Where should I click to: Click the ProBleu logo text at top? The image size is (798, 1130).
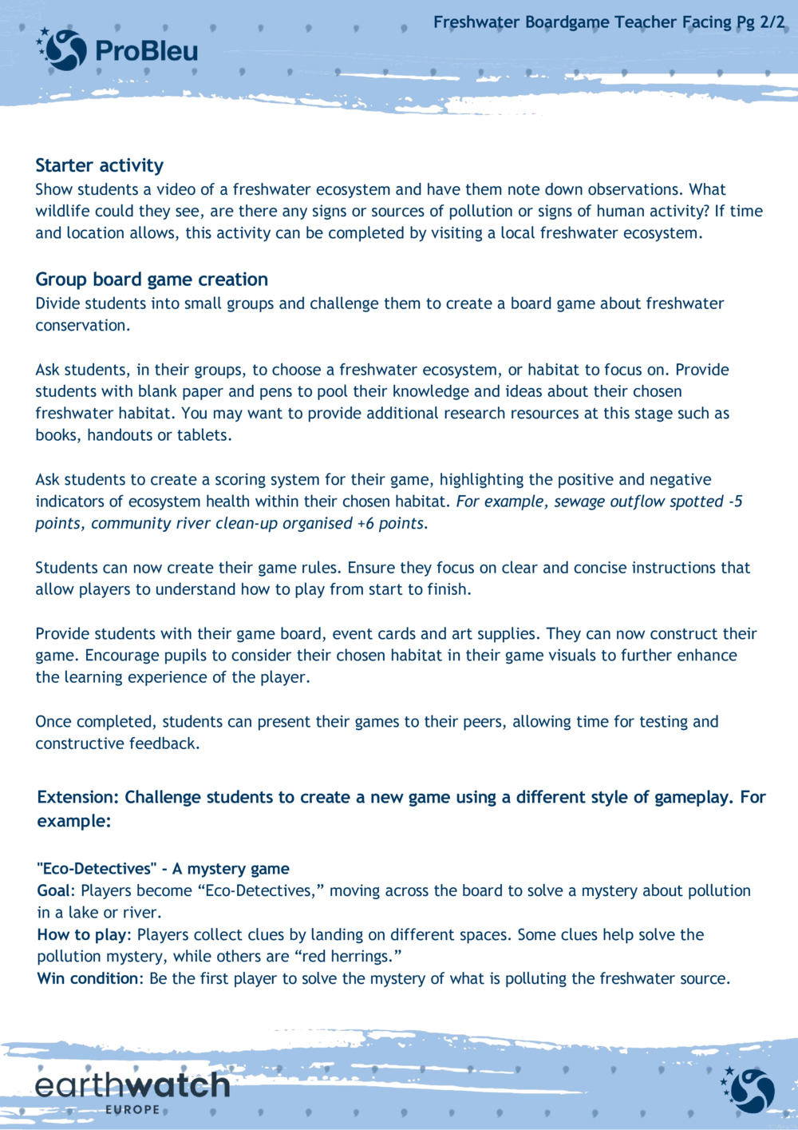pos(146,52)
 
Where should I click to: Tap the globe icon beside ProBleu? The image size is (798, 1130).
pos(63,49)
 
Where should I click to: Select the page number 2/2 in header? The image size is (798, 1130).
pos(772,22)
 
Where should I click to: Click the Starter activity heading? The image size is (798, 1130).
pos(99,165)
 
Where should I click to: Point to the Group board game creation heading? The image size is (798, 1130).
pos(152,280)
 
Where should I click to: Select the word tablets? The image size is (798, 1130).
pos(203,435)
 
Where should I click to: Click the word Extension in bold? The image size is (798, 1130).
pos(77,797)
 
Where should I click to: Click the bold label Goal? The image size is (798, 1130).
pos(53,890)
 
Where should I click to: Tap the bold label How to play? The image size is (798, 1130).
pos(82,934)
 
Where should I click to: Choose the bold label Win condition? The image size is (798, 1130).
pos(88,978)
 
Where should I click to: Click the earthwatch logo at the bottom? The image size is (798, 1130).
pos(132,1085)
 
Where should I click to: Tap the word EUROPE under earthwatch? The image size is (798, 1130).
pos(132,1110)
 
